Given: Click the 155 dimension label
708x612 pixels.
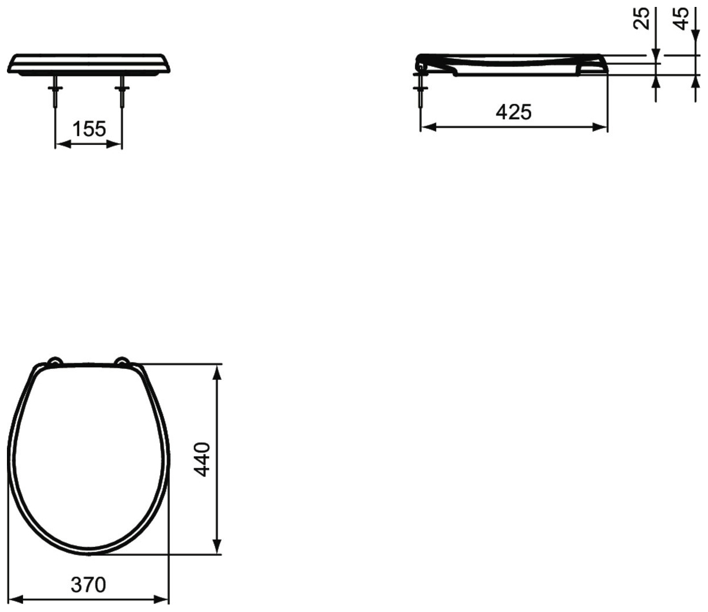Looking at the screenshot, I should pyautogui.click(x=89, y=129).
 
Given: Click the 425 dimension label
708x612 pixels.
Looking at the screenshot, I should pyautogui.click(x=513, y=112).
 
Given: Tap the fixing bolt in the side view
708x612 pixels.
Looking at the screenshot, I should pyautogui.click(x=421, y=92).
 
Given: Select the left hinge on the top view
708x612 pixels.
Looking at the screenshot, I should pyautogui.click(x=54, y=362).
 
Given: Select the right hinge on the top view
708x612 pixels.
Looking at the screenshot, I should pyautogui.click(x=123, y=362).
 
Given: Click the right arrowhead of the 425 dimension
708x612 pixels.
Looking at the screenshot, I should pyautogui.click(x=600, y=127).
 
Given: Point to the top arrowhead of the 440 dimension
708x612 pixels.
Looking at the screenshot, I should pyautogui.click(x=217, y=371).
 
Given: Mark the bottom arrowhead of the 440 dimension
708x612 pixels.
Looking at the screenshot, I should pyautogui.click(x=217, y=547).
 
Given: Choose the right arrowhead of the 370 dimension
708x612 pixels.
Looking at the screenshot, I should pyautogui.click(x=162, y=600).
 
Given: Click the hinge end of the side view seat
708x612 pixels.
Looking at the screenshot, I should pyautogui.click(x=420, y=61).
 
